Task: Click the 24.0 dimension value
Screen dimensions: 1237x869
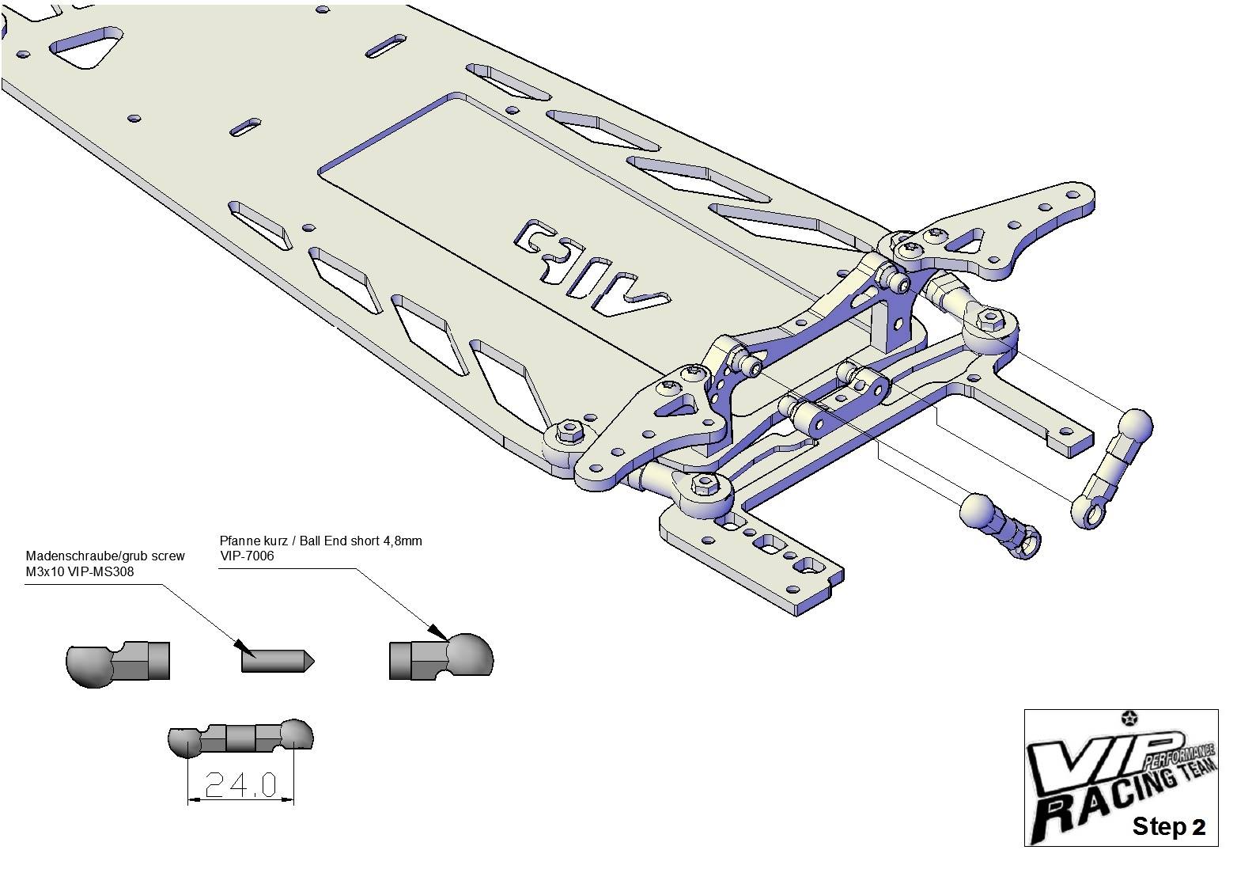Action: click(x=240, y=784)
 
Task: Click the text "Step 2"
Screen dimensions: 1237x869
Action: click(x=1168, y=826)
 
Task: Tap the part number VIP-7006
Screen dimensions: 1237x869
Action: click(x=247, y=556)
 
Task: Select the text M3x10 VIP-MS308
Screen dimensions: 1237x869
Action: click(x=80, y=571)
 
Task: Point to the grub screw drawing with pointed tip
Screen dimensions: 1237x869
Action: click(x=278, y=660)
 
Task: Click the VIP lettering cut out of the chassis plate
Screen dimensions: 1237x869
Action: click(x=591, y=268)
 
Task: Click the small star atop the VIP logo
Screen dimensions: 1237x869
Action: click(x=1131, y=718)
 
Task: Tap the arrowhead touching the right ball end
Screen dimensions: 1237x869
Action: click(x=439, y=632)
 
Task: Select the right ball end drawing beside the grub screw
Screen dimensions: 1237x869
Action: click(x=441, y=655)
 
